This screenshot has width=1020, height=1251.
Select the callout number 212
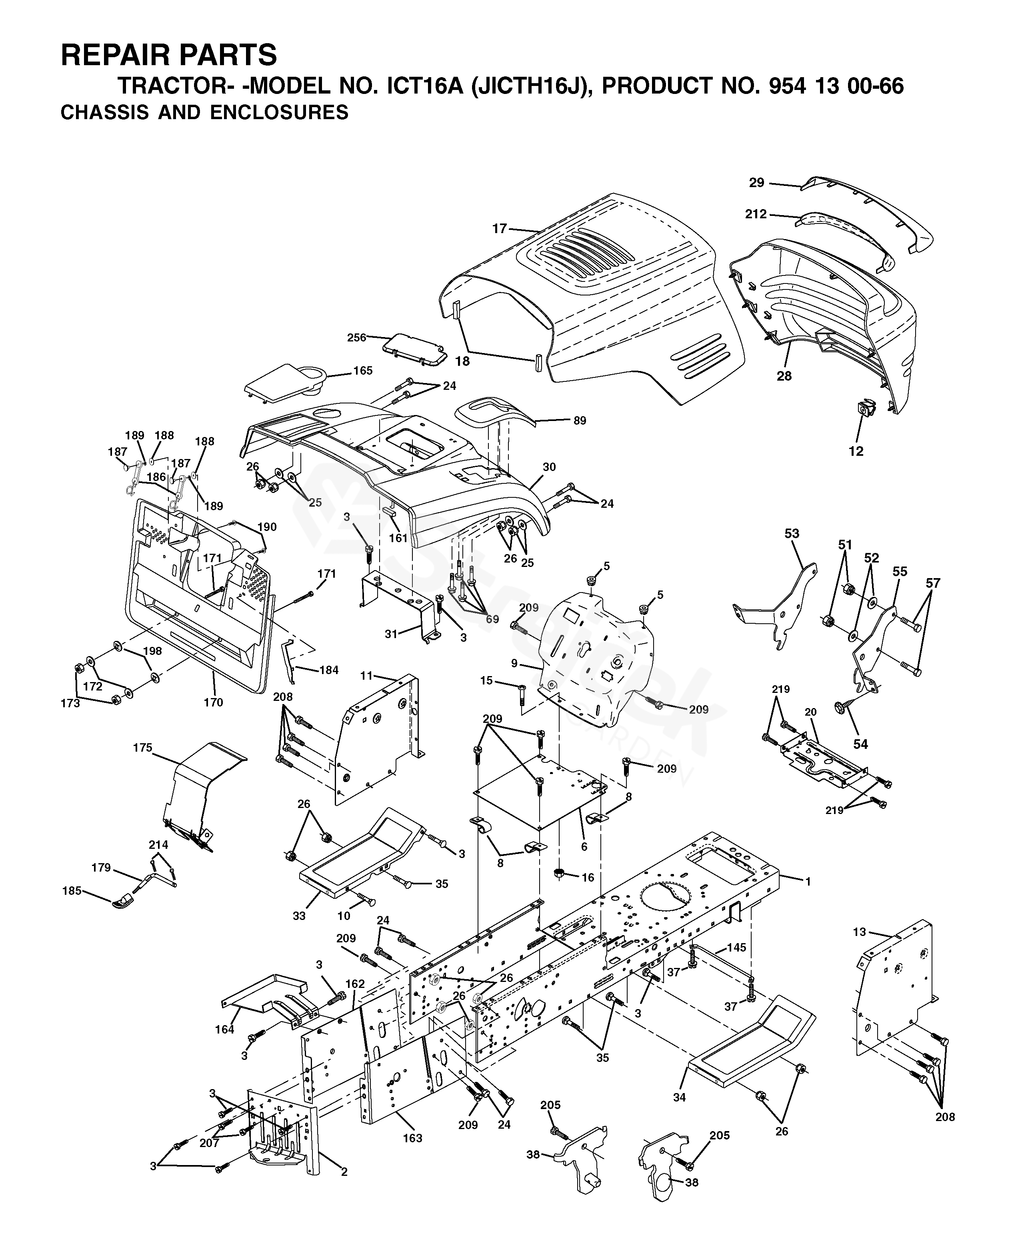point(756,214)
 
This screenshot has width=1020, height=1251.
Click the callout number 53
point(792,533)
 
